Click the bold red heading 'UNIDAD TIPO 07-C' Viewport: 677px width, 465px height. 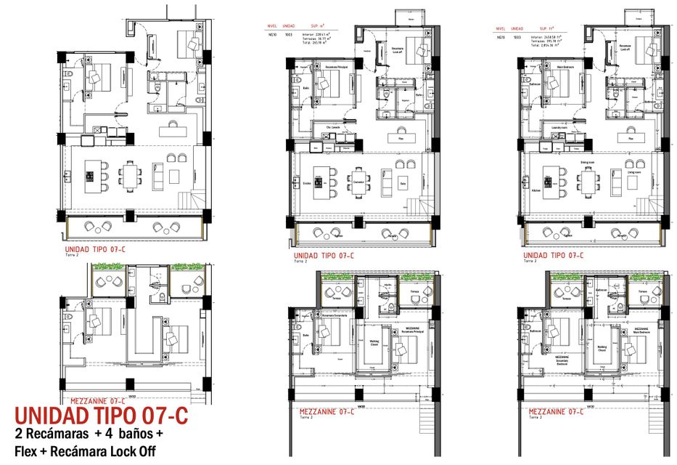101,416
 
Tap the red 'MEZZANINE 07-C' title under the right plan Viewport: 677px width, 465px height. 555,411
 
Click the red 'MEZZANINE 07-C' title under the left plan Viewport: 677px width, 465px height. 98,400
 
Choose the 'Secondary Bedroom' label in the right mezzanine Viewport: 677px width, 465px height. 563,360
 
